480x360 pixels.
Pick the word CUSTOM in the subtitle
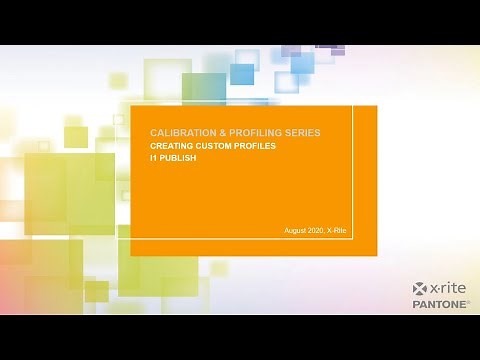(x=217, y=146)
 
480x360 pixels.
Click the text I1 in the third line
(x=153, y=157)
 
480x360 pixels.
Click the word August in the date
(x=297, y=232)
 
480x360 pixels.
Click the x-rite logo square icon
(x=420, y=290)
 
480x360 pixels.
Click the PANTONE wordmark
(x=438, y=303)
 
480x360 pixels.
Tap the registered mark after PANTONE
(x=467, y=301)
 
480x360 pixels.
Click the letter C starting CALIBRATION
(x=153, y=132)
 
